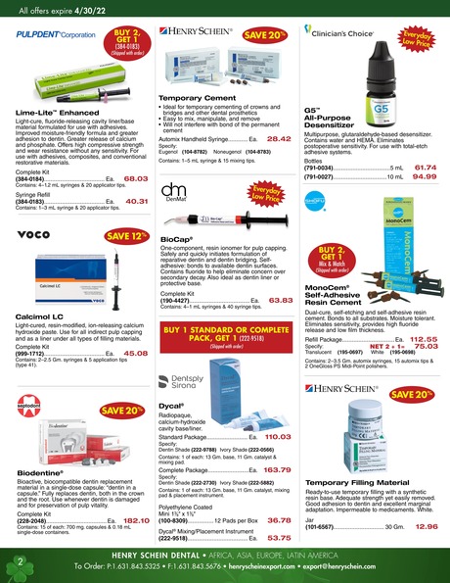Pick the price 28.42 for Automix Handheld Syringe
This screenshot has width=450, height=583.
(x=279, y=140)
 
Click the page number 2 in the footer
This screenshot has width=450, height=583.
(x=19, y=560)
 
